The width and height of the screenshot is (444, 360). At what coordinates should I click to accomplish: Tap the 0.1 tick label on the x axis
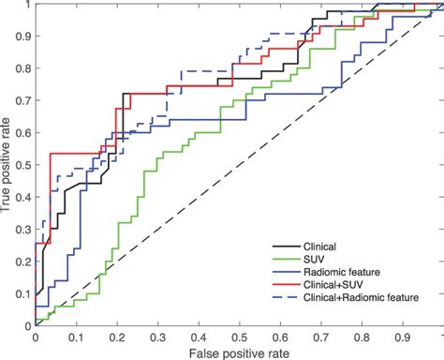click(x=76, y=336)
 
